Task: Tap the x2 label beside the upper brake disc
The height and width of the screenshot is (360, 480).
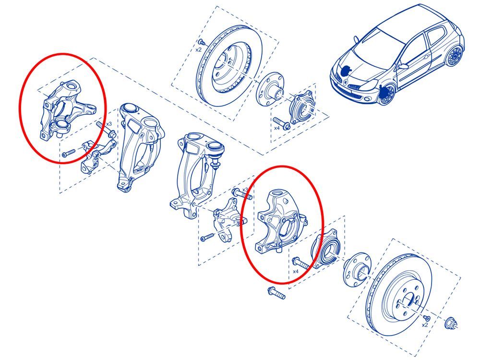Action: tap(198, 49)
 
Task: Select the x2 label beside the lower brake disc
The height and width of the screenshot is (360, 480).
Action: tap(425, 325)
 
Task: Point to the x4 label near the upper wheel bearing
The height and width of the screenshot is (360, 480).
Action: tap(277, 128)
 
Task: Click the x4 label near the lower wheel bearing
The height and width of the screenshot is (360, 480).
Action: tap(296, 271)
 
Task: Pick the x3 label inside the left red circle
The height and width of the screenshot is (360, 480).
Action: tap(109, 124)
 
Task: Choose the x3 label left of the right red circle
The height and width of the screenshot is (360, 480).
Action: tap(245, 190)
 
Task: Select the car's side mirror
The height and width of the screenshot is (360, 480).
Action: tap(404, 66)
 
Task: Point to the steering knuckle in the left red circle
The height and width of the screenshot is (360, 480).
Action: tap(66, 109)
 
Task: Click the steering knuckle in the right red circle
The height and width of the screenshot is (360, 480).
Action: tap(280, 220)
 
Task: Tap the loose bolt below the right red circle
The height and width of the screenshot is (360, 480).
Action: tap(277, 293)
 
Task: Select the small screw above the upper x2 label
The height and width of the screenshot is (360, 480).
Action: tap(202, 41)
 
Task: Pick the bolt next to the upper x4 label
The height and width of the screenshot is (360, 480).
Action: tap(281, 123)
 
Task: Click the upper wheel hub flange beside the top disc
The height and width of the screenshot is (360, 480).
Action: tap(270, 90)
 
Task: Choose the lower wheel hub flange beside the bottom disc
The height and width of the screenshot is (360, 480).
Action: tap(357, 270)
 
